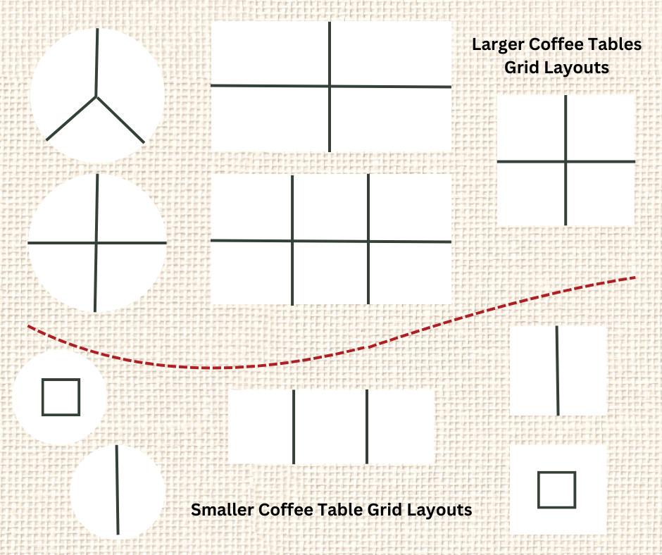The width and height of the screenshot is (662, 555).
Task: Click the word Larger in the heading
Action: pyautogui.click(x=498, y=44)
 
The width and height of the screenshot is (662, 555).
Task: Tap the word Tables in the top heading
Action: pyautogui.click(x=617, y=44)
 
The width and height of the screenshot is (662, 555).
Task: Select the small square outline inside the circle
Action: pyautogui.click(x=61, y=397)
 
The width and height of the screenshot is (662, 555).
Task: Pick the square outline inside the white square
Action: pyautogui.click(x=556, y=489)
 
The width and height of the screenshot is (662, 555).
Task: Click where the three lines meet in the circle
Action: pyautogui.click(x=96, y=96)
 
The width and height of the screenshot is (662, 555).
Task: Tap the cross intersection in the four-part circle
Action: pyautogui.click(x=96, y=243)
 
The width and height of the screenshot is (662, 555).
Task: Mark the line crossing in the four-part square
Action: pyautogui.click(x=566, y=161)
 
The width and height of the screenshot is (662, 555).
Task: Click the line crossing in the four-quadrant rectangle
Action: pyautogui.click(x=330, y=87)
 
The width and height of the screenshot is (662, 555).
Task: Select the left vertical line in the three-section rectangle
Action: pyautogui.click(x=294, y=427)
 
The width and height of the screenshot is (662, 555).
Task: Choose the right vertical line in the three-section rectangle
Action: pyautogui.click(x=367, y=427)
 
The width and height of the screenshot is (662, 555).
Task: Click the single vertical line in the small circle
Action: pyautogui.click(x=117, y=489)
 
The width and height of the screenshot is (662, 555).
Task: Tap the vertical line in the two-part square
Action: pyautogui.click(x=558, y=370)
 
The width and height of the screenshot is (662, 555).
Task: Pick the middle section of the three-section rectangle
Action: pyautogui.click(x=330, y=427)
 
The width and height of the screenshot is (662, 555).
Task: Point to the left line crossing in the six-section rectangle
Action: pyautogui.click(x=292, y=241)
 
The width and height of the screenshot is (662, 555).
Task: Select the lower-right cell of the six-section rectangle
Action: pyautogui.click(x=409, y=273)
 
